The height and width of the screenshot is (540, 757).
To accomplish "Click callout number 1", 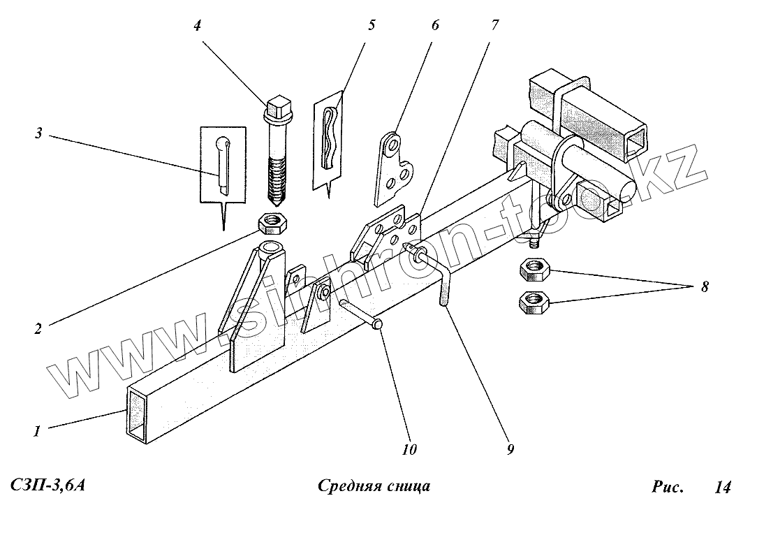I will (x=36, y=430).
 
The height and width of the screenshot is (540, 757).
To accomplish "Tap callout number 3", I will (x=39, y=133).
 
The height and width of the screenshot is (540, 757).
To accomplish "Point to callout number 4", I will (x=197, y=27).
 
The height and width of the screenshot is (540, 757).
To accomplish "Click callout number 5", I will (x=371, y=26).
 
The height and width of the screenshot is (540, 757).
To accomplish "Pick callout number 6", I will (x=435, y=26).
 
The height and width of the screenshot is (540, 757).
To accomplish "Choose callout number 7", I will (x=494, y=26).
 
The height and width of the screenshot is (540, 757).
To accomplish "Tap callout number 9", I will (x=510, y=450).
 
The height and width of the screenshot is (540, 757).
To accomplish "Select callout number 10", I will (x=409, y=450).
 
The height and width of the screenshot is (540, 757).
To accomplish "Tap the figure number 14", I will (x=722, y=487).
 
